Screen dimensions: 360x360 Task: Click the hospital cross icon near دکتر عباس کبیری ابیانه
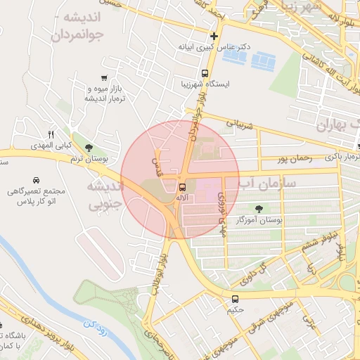point(214,36)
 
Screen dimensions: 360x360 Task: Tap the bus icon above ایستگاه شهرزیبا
point(205,72)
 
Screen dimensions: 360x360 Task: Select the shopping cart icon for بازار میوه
point(104,78)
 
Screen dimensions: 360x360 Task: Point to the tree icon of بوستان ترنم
point(89,148)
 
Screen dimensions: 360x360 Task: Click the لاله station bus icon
point(182,187)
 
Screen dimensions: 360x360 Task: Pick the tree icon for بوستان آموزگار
point(260,208)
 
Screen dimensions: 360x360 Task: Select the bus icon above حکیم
point(235,298)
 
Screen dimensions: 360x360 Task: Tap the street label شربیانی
point(238,125)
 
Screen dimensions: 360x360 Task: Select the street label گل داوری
point(256,274)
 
